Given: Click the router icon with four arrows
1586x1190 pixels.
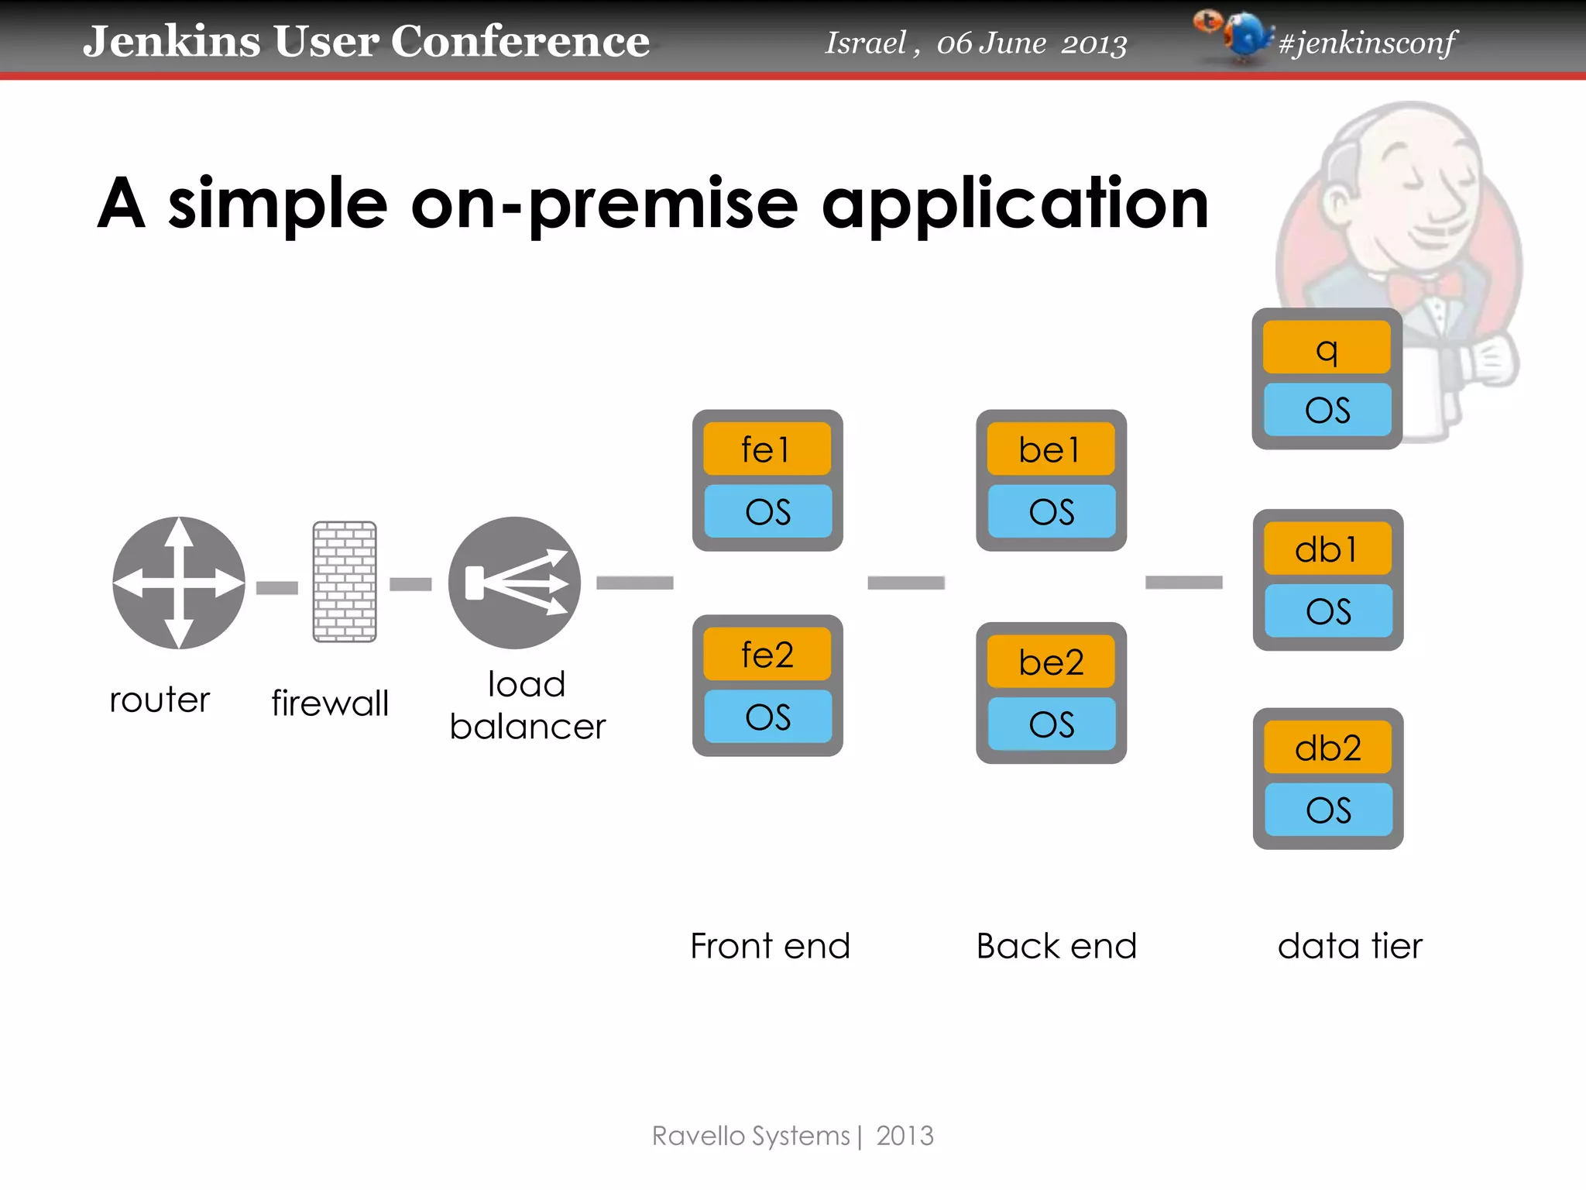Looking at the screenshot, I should click(179, 583).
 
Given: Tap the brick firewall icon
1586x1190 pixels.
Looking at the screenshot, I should click(345, 581).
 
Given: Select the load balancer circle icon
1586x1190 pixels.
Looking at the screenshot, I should click(514, 583).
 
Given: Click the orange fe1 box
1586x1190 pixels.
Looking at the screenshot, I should click(767, 449).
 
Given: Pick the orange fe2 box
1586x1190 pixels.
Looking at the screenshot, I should click(767, 655).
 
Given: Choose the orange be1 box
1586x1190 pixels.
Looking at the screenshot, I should click(1050, 449).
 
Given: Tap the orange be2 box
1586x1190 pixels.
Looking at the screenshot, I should click(1050, 662).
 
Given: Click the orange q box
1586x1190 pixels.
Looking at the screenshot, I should click(1327, 348).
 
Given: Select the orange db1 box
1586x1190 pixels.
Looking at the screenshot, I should click(1327, 549).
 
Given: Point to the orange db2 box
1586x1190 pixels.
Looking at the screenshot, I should click(1327, 748).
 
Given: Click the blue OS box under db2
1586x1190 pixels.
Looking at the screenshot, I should click(1328, 810).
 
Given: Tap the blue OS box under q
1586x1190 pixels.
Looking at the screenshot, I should click(1327, 409).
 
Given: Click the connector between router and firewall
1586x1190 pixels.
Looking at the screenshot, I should click(277, 588).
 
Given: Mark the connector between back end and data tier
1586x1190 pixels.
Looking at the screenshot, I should click(1183, 582).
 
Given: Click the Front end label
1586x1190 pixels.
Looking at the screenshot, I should click(770, 946).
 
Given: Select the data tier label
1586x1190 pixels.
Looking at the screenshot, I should click(1350, 946).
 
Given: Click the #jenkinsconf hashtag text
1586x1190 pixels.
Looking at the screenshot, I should click(1367, 43).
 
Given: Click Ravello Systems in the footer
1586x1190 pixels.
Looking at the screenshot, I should click(750, 1136).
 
